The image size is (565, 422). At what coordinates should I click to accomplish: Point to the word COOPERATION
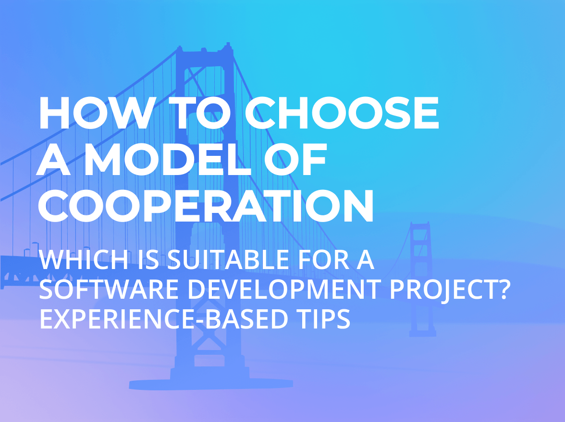point(206,207)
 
